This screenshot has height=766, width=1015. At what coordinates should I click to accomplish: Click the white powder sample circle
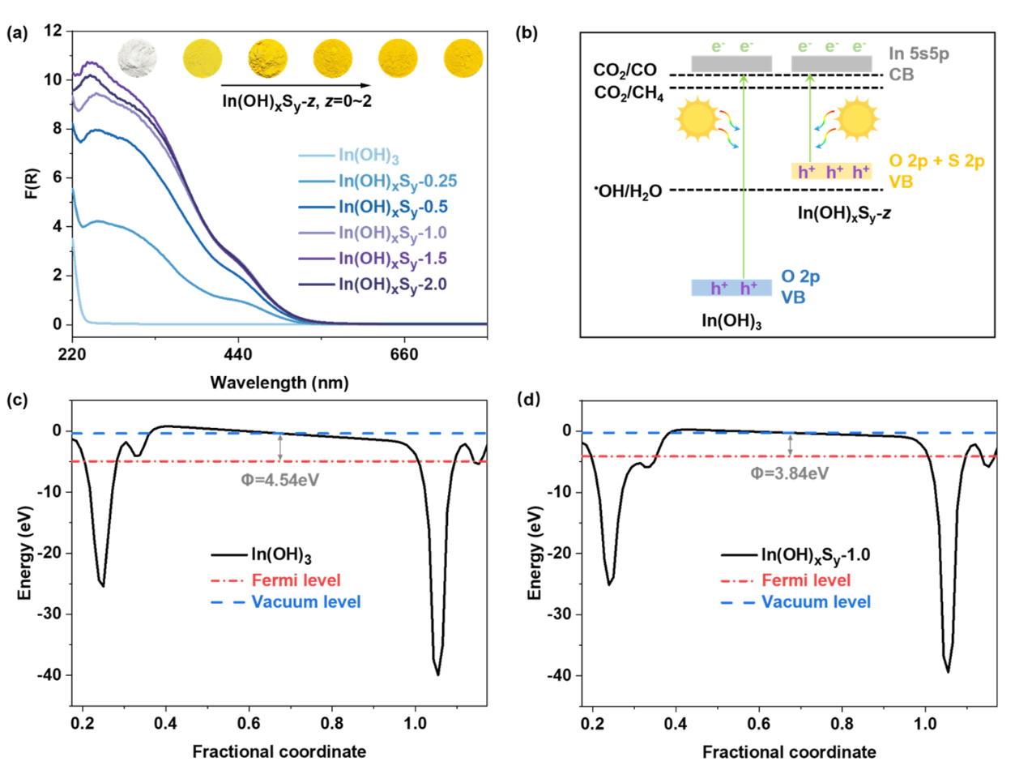[x=138, y=58]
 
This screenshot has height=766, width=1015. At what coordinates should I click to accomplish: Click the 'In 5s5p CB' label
[x=918, y=62]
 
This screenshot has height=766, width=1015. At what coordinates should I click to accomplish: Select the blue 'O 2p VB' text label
[x=800, y=286]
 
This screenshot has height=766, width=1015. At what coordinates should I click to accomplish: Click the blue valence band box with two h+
[x=731, y=288]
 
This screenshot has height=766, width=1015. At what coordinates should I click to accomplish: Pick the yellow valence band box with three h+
[x=831, y=171]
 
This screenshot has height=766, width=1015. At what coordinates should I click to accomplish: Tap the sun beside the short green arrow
[x=858, y=119]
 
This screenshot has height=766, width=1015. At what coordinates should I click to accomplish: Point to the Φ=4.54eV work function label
[x=280, y=480]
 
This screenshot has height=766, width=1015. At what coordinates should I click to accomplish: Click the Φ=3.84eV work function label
[x=789, y=474]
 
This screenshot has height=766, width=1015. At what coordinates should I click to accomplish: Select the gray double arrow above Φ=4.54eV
[x=280, y=447]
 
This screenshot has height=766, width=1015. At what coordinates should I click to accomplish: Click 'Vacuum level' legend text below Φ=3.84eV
[x=816, y=602]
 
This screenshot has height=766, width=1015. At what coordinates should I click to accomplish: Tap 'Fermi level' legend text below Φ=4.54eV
[x=296, y=580]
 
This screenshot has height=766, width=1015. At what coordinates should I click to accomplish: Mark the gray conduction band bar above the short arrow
[x=831, y=64]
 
